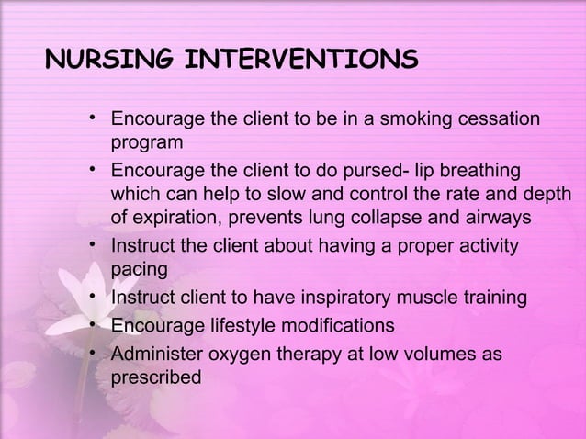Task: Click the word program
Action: pos(146,143)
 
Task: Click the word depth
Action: pos(546,195)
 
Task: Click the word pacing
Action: pos(140,271)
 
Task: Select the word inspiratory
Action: pos(343,298)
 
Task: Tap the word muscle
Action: pos(434,298)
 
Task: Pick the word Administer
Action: pos(155,354)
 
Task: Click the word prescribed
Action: pos(156,377)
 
